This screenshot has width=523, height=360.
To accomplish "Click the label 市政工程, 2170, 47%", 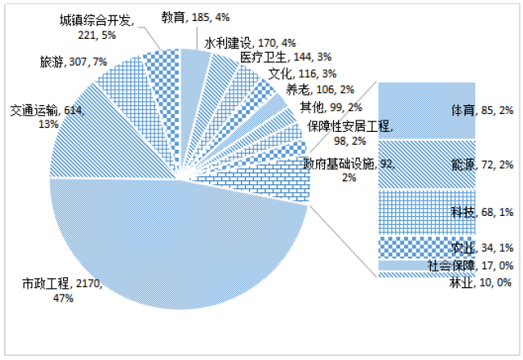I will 61,290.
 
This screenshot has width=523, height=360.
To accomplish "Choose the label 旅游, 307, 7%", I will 74,61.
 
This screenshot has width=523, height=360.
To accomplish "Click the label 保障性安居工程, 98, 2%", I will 349,131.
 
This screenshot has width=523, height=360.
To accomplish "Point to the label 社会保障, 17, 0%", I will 470,265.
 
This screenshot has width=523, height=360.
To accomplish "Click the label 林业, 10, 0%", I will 481,281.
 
